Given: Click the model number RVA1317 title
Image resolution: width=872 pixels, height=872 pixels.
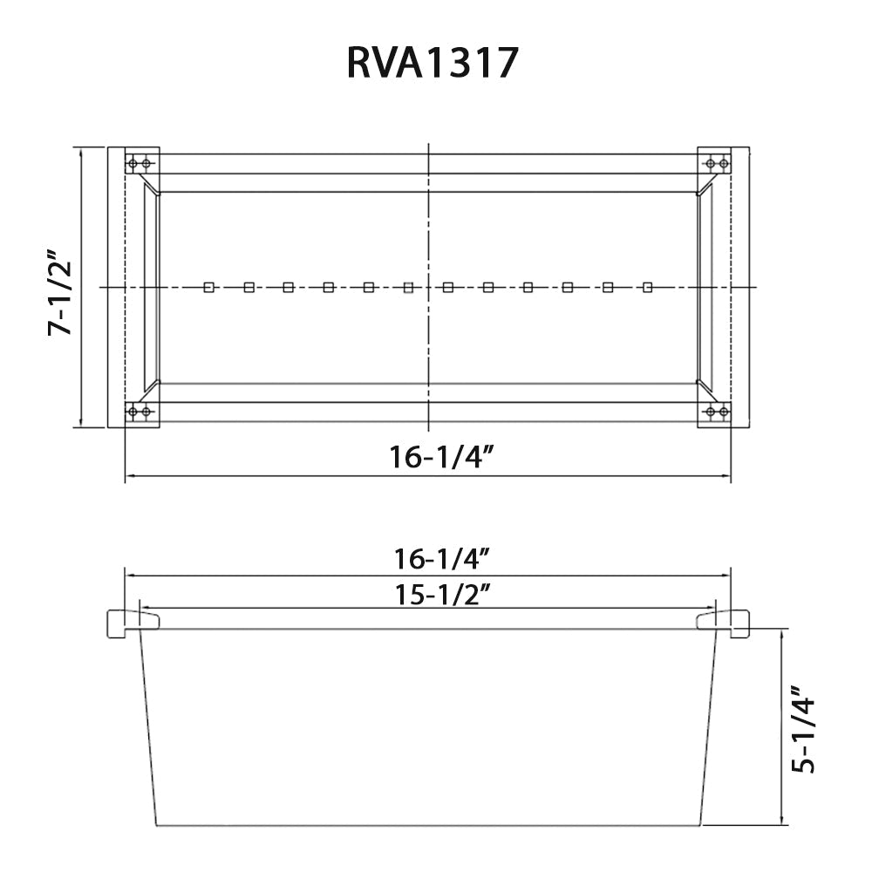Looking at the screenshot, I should pyautogui.click(x=433, y=64).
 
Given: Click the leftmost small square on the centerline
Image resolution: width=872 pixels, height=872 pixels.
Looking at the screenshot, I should pyautogui.click(x=208, y=288).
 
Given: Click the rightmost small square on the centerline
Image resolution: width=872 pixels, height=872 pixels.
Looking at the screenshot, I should pyautogui.click(x=647, y=288).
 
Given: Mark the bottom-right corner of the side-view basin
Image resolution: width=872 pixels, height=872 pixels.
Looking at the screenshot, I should pyautogui.click(x=701, y=825).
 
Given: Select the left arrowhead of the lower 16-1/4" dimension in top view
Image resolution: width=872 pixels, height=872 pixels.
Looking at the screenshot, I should pyautogui.click(x=129, y=476).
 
